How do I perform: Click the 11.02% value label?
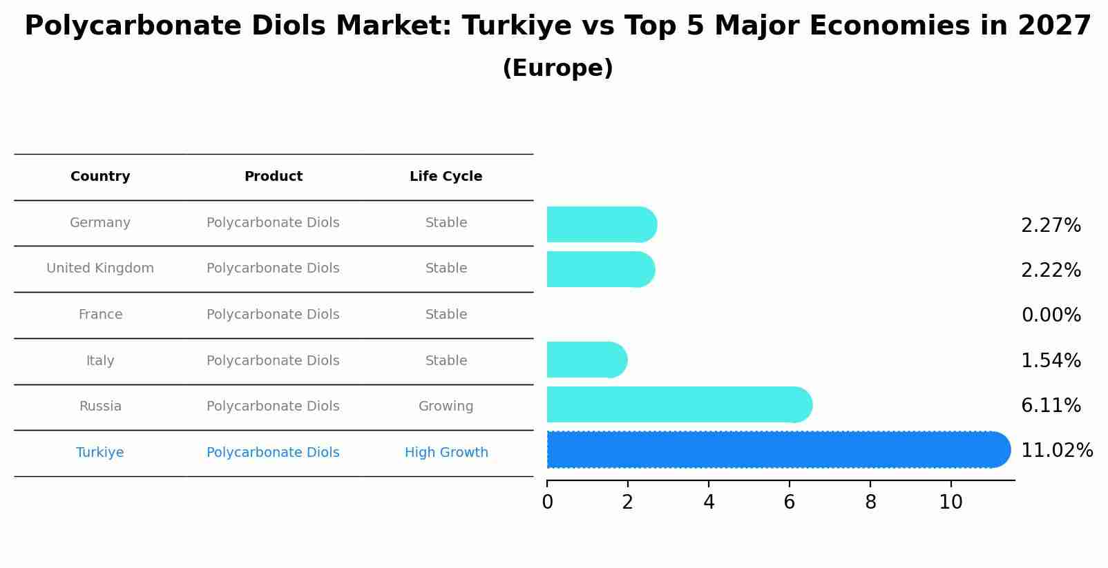coord(1056,451)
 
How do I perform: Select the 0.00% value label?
coord(1051,315)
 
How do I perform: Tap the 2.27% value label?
coord(1051,226)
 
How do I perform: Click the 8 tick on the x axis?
coord(870,502)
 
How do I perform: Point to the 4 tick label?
coord(709,502)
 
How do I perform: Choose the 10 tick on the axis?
coord(951,502)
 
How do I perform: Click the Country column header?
coord(100,177)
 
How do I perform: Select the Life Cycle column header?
coord(446,177)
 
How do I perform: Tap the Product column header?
coord(273,177)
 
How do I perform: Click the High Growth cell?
coord(446,453)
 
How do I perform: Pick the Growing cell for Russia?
coord(446,407)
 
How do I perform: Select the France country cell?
coord(100,315)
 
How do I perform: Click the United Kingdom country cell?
coord(100,268)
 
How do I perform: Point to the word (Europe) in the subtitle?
coord(557,68)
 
